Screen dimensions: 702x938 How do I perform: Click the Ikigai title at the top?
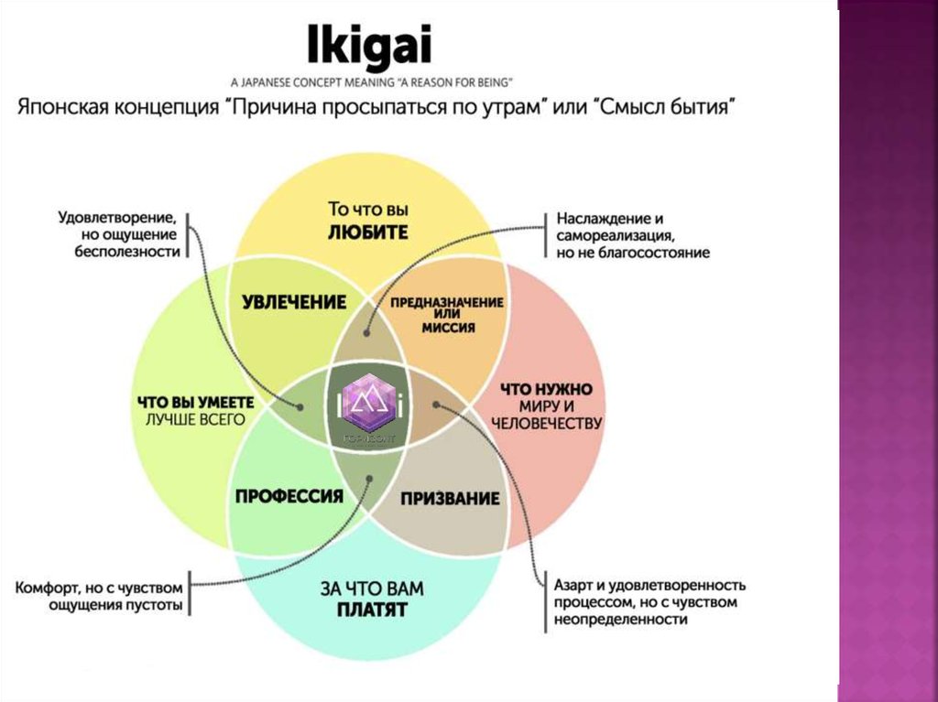tap(370, 44)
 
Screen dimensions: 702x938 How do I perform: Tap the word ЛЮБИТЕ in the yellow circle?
tap(367, 232)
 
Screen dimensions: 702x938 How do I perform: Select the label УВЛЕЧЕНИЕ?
tap(294, 302)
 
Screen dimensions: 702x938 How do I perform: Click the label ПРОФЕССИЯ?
tap(289, 496)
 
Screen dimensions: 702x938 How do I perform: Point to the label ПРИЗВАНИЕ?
tap(450, 499)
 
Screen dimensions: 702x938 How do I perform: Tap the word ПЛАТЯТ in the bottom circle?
tap(371, 609)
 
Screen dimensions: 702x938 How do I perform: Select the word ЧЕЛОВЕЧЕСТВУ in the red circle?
tap(546, 423)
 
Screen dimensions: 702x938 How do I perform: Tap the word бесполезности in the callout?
tap(127, 252)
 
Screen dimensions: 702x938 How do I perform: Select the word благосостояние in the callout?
tap(654, 253)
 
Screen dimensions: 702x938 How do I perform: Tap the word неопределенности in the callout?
tap(620, 620)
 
